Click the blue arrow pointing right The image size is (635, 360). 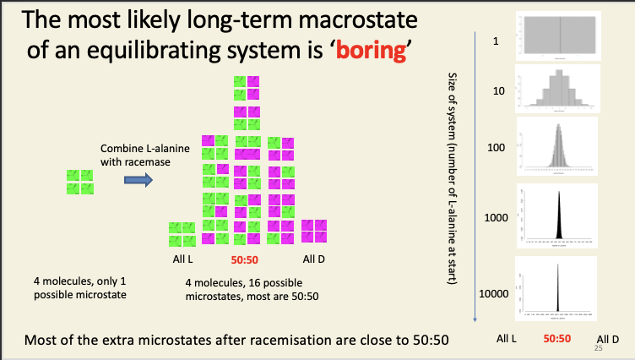click(138, 179)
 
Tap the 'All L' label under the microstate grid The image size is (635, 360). click(183, 259)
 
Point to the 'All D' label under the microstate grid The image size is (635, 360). click(314, 259)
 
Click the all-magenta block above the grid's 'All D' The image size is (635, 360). click(314, 230)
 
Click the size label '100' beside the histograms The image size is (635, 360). click(496, 148)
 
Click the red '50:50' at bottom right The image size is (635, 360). click(557, 338)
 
